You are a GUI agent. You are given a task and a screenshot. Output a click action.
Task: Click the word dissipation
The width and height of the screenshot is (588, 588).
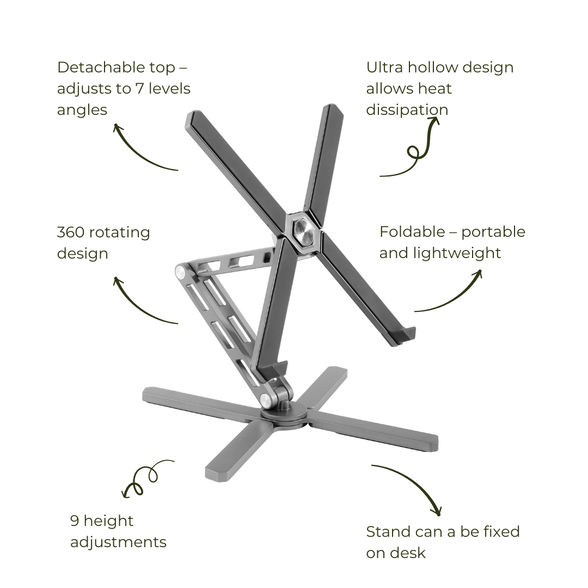[x=407, y=110]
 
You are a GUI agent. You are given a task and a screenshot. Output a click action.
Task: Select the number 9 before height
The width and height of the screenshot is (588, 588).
[x=75, y=521]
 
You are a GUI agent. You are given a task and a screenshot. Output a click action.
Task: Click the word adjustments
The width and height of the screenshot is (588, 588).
[x=119, y=542]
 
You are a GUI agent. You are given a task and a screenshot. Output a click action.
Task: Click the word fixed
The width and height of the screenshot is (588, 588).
[x=497, y=532]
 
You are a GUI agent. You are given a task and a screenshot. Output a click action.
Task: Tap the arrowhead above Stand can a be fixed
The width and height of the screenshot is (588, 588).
[x=437, y=511]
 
